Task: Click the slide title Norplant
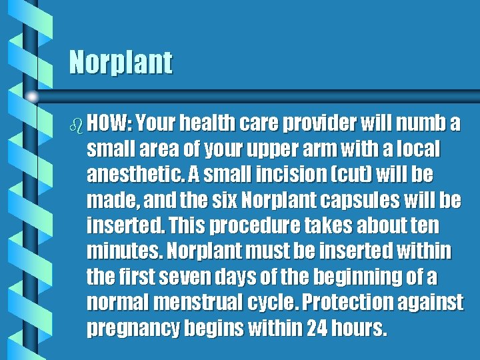121,63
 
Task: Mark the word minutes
124,251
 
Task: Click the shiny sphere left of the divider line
33,97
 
